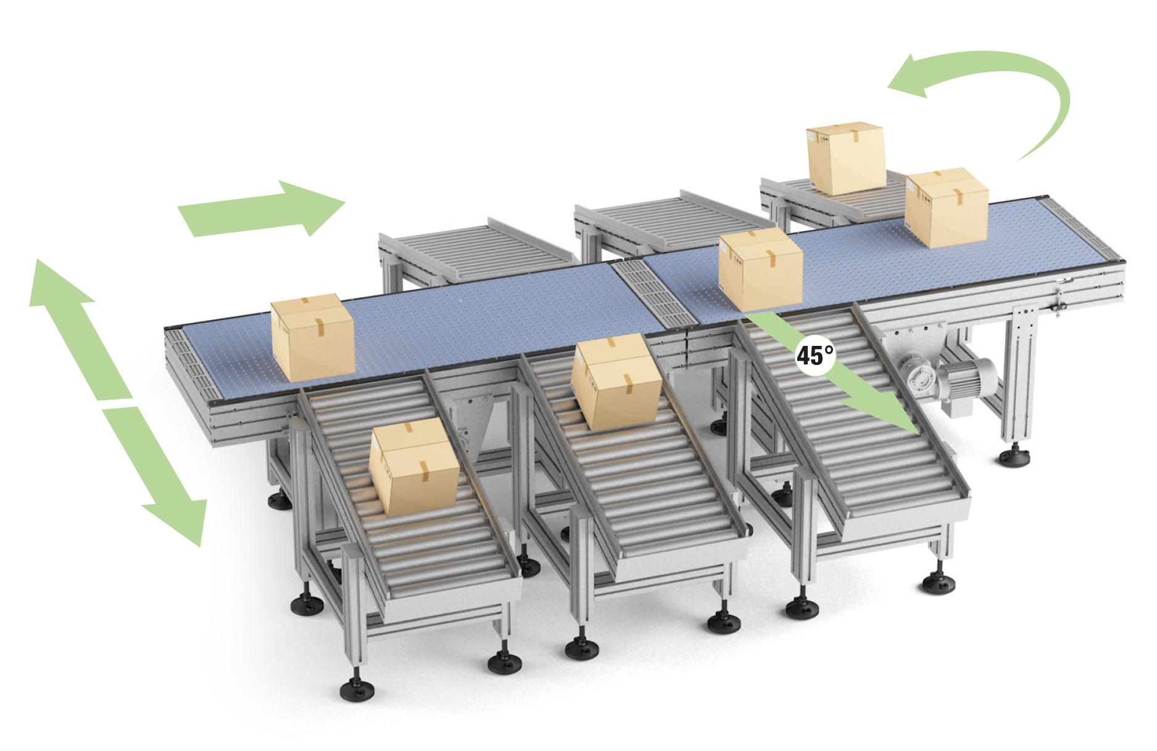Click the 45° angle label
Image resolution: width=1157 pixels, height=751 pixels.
coord(815,355)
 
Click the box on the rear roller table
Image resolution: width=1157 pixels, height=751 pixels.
coord(846,158)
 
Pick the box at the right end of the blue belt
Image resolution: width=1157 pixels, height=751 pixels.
coord(946,208)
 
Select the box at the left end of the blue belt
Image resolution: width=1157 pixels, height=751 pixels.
coord(313,337)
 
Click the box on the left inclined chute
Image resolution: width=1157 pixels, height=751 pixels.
coord(414,467)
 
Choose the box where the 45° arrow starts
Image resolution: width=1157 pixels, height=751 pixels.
coord(761,269)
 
